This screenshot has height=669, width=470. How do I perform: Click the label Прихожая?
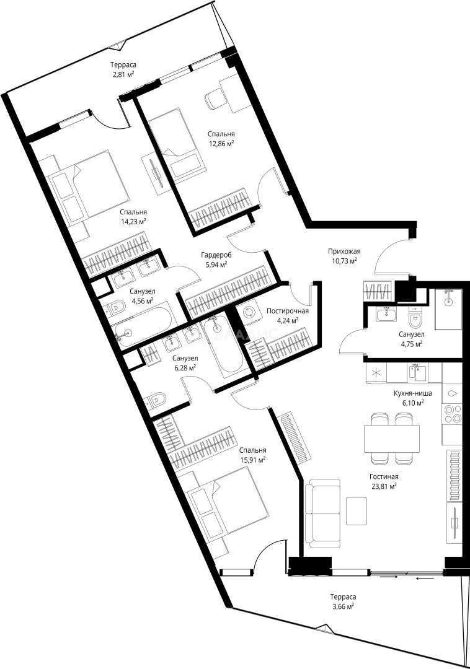tap(344, 251)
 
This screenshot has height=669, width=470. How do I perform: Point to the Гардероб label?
tap(216, 255)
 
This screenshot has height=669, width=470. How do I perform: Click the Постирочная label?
tap(287, 311)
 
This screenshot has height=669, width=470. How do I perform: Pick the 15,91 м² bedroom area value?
tap(253, 460)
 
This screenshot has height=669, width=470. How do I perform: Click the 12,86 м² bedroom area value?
tap(221, 143)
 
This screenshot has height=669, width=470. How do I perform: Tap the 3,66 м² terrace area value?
tap(343, 606)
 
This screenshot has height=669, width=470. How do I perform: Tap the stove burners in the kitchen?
tap(453, 413)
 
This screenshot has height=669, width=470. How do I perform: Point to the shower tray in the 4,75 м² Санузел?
tap(448, 309)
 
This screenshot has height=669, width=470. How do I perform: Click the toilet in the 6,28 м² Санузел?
tap(156, 400)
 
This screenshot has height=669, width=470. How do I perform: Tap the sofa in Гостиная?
tap(323, 514)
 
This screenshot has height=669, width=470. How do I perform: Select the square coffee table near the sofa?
tap(357, 511)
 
